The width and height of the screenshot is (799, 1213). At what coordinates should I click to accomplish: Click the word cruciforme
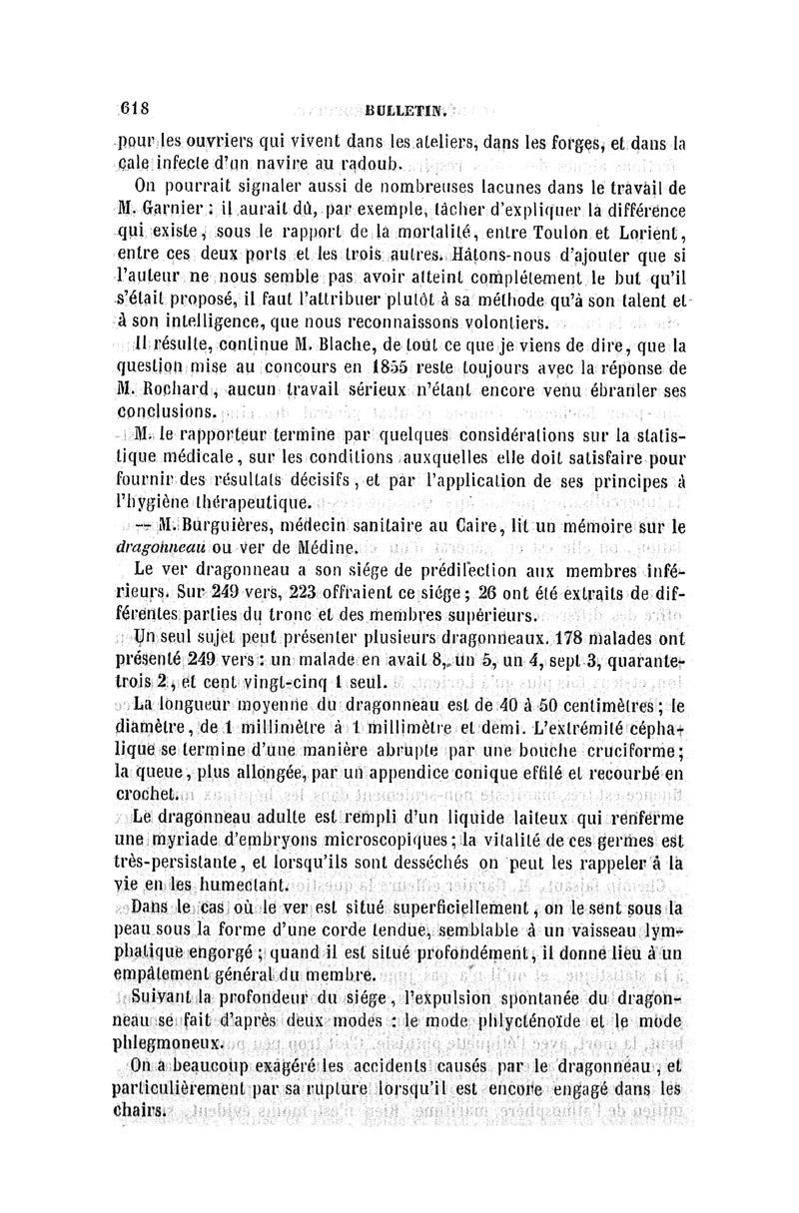634,746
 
